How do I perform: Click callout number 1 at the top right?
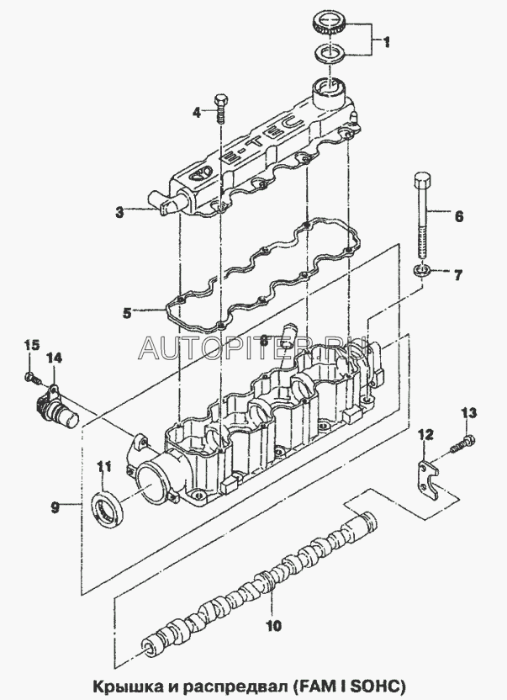(x=388, y=40)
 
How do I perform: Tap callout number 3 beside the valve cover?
(x=120, y=213)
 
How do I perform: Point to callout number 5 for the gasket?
(x=127, y=313)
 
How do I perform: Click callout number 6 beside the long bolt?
(x=459, y=216)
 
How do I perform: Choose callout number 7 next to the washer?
(x=459, y=274)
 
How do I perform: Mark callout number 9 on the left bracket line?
(x=55, y=506)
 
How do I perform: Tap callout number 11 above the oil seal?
(x=103, y=467)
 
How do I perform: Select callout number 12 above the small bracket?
(x=425, y=434)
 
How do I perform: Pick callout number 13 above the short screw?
(x=469, y=412)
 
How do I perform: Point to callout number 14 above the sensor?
(x=54, y=358)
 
